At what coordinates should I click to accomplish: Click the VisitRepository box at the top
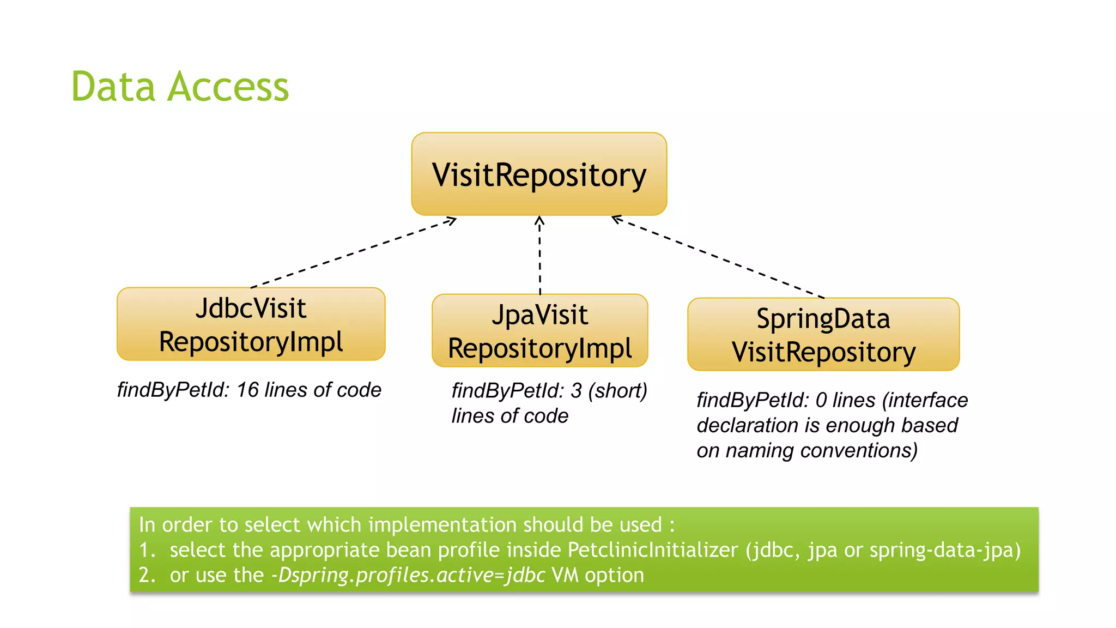coord(539,174)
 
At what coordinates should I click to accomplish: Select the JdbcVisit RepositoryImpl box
coord(251,324)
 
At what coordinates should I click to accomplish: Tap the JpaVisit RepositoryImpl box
coord(539,331)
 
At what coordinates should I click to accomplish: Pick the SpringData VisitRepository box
coord(823,335)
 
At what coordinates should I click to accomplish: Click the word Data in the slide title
coord(113,87)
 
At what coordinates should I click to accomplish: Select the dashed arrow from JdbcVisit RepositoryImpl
coord(354,252)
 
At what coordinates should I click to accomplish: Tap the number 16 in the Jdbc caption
coord(247,390)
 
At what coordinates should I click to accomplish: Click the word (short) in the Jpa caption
coord(617,391)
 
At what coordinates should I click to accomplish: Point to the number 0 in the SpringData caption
coord(821,401)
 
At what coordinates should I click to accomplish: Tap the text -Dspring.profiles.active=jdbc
coord(408,576)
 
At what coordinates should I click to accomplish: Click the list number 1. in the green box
coord(147,550)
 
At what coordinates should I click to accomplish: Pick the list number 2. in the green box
coord(147,576)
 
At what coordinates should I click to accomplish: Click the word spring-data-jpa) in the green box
coord(945,550)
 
